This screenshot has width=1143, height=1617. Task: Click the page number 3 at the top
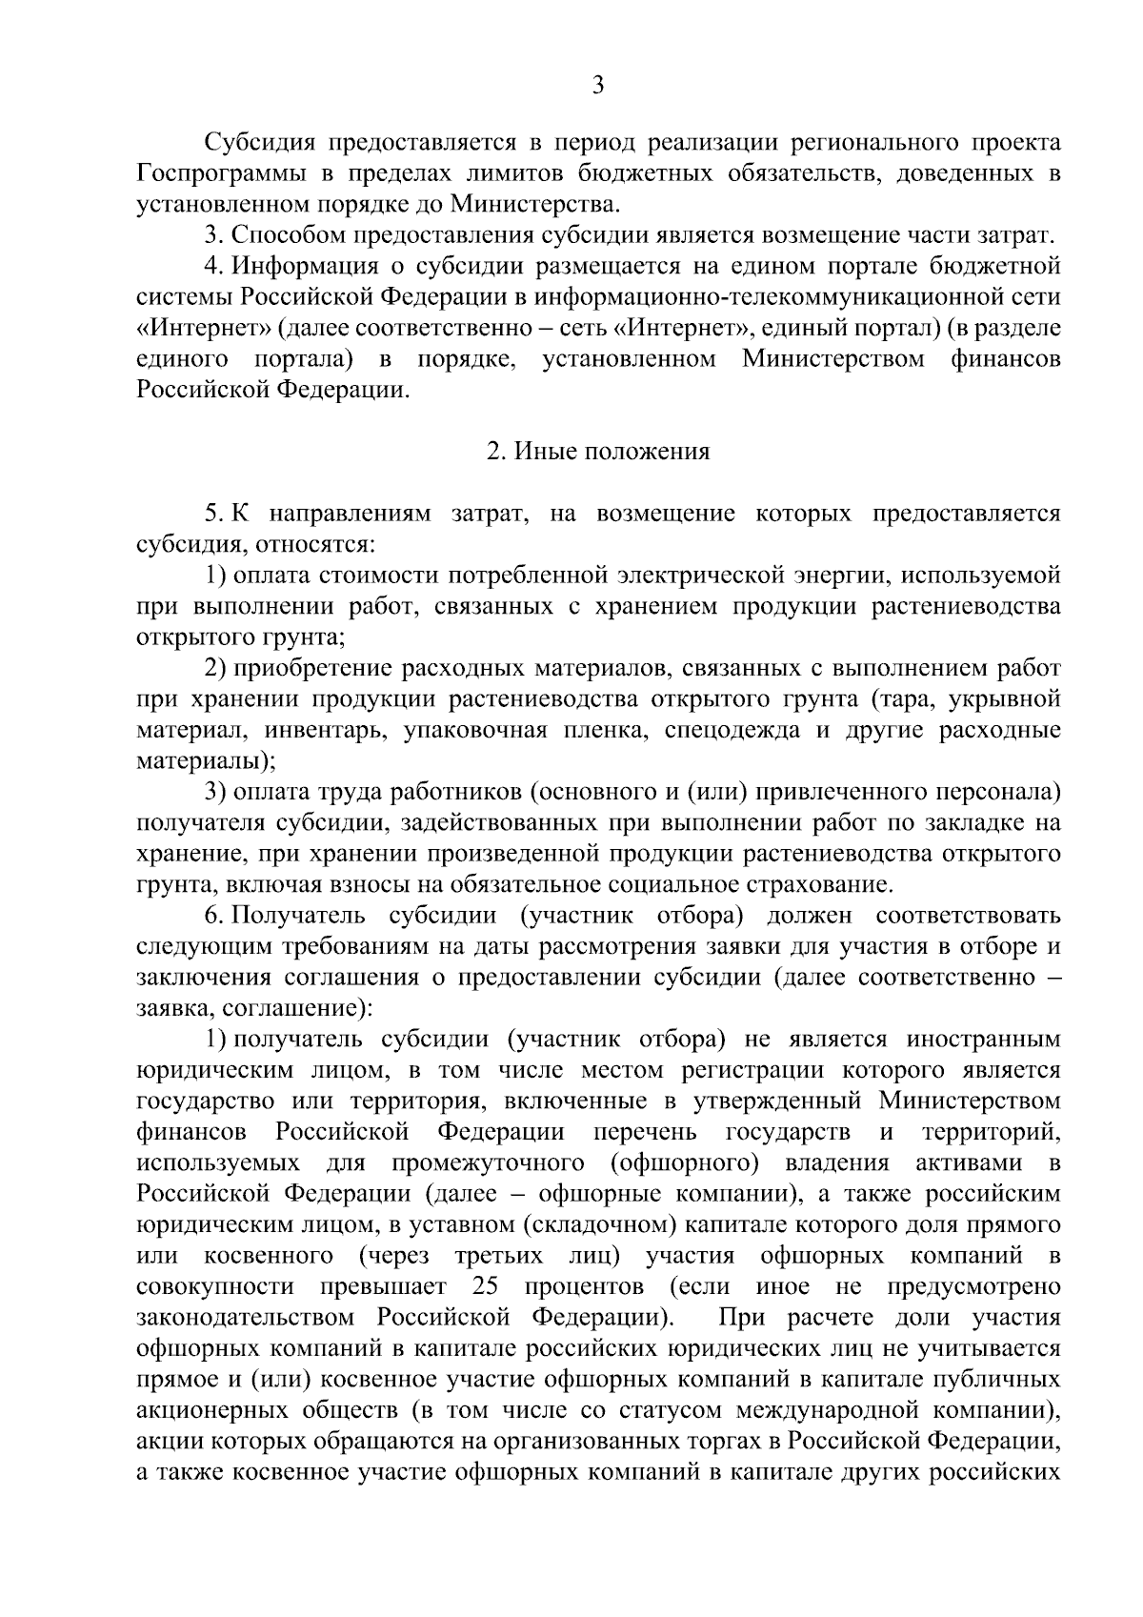click(x=597, y=86)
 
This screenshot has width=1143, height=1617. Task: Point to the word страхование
click(x=818, y=885)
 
